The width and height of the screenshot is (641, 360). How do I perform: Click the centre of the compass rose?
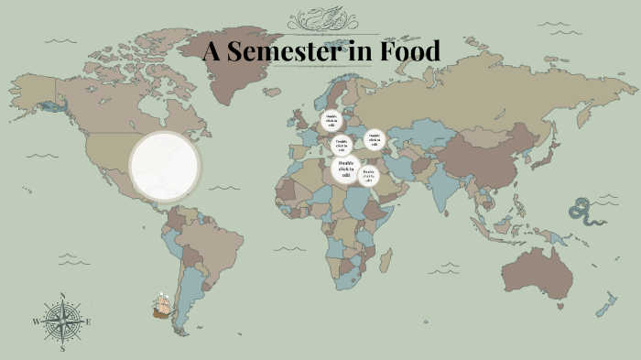(x=62, y=321)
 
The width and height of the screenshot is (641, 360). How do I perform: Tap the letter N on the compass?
(x=62, y=295)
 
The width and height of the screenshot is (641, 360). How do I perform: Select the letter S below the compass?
(x=62, y=349)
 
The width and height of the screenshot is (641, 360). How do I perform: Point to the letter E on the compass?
(x=89, y=322)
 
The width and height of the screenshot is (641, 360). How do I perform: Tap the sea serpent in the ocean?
(x=581, y=211)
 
